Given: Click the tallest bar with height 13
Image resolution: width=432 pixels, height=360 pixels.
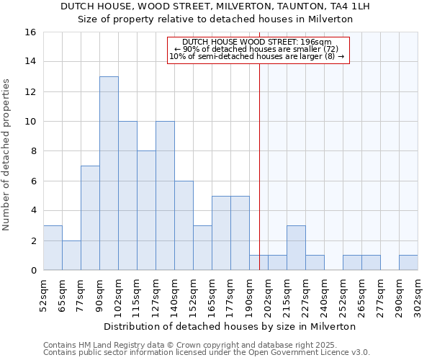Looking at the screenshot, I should pos(109,173).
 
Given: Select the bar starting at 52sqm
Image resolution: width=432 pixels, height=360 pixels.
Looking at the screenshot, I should pos(53,248).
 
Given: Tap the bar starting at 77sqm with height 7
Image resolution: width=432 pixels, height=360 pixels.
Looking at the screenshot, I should pos(90,217).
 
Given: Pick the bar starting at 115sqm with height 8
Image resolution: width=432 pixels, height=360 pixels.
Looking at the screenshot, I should pos(146,210).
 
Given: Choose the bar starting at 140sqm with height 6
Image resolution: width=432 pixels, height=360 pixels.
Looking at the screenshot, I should pos(184,225).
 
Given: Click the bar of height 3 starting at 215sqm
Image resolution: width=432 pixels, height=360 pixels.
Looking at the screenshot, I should pos(296,248).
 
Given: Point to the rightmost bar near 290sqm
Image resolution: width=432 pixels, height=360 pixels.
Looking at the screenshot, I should pos(408,263).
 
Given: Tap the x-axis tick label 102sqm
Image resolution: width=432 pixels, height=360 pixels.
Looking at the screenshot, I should pos(119,294).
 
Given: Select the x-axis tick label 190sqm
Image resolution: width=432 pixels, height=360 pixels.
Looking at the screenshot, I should pos(250,294).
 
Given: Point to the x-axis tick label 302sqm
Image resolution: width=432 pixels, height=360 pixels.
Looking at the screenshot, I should pos(418,294).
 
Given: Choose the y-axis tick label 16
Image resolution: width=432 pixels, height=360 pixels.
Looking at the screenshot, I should pos(30,32).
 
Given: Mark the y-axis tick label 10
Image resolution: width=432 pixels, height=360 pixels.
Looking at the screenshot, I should pos(30,122).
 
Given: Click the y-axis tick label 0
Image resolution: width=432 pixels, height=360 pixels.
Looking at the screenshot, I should pos(33,271).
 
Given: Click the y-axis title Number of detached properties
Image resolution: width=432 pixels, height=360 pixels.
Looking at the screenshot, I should pos(7,151).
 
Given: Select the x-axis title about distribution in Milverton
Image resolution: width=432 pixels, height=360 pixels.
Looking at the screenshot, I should pos(230,326).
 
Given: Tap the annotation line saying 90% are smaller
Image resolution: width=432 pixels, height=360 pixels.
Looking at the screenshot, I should pos(256,49).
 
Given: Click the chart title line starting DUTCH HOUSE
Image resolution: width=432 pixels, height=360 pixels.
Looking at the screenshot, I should pos(215,6).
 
